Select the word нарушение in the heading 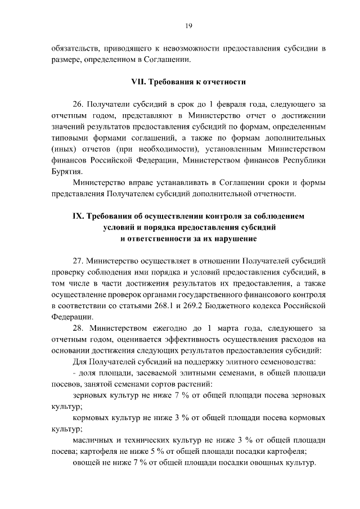click(x=231, y=239)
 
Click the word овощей click(x=88, y=465)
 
